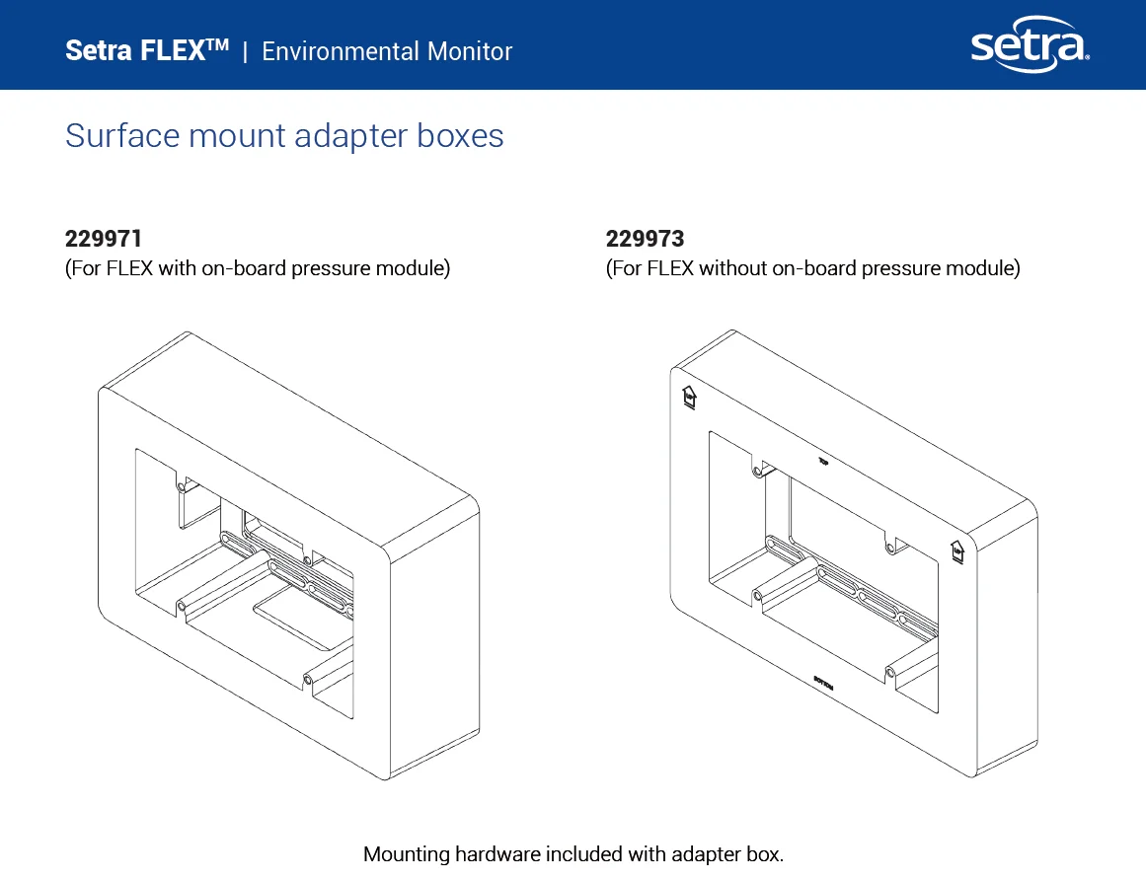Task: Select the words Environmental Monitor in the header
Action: pyautogui.click(x=387, y=51)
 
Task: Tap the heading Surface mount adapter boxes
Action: pyautogui.click(x=284, y=135)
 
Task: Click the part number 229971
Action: pyautogui.click(x=104, y=239)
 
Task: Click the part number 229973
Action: pyautogui.click(x=645, y=239)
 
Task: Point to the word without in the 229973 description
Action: pyautogui.click(x=732, y=268)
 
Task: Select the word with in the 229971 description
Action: pyautogui.click(x=178, y=268)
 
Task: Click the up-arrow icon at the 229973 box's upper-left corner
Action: pyautogui.click(x=689, y=397)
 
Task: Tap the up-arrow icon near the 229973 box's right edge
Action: pyautogui.click(x=955, y=551)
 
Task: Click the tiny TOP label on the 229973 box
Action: pyautogui.click(x=823, y=460)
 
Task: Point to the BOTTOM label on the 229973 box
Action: pyautogui.click(x=823, y=684)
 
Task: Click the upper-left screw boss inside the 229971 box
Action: pyautogui.click(x=183, y=484)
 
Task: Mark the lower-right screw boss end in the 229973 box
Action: pyautogui.click(x=890, y=672)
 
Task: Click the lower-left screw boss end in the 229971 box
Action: pyautogui.click(x=181, y=605)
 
